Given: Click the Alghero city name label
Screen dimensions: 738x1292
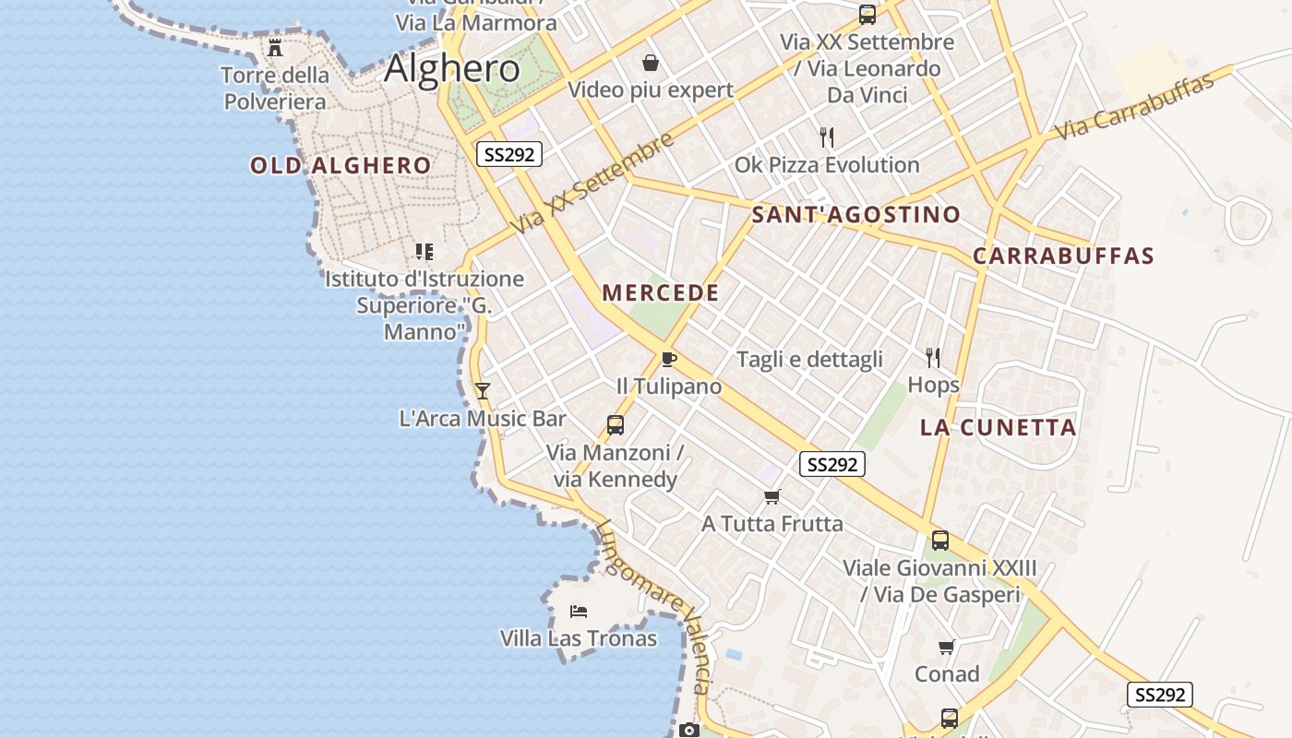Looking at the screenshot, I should (x=452, y=69).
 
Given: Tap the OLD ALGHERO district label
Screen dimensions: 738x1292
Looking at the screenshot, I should (x=341, y=166).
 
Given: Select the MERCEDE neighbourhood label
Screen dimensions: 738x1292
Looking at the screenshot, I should (x=661, y=293).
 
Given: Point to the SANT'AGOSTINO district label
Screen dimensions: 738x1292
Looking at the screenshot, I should (x=856, y=215).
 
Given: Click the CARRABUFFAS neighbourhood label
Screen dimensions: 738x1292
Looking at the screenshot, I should (x=1064, y=256).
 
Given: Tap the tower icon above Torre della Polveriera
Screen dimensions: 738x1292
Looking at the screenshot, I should (x=275, y=48).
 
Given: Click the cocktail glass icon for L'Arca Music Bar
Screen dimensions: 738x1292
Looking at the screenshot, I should (x=482, y=391).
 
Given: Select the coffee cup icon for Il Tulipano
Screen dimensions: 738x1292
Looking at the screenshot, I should (x=669, y=359).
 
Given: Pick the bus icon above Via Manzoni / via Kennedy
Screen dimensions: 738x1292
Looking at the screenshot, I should (x=616, y=425).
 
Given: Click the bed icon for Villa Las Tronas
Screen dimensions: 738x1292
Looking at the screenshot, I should (x=579, y=611).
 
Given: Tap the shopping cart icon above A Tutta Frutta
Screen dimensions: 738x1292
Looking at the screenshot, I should (x=772, y=496).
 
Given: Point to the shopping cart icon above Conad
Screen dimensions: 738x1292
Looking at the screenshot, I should (x=947, y=647).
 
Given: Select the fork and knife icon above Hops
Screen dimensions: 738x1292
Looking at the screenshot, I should (x=933, y=357).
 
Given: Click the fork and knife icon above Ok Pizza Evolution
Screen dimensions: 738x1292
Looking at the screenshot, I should (x=827, y=137).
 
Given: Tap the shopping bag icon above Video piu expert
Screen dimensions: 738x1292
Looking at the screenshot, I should (x=651, y=63).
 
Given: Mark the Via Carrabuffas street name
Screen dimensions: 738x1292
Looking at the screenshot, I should (x=1134, y=107).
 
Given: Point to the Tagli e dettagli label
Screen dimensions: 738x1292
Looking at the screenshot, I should (x=809, y=360).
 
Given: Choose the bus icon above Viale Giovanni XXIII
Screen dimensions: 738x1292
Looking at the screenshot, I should (x=940, y=541).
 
